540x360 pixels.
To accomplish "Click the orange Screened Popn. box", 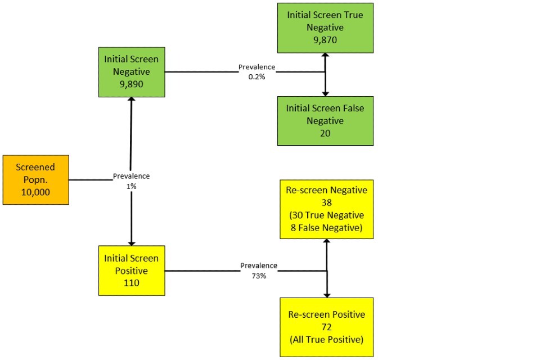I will (x=36, y=180).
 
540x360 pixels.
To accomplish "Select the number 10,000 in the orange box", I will (x=36, y=192).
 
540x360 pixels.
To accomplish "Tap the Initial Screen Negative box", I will (x=132, y=72).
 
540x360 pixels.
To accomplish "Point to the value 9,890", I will (x=132, y=84).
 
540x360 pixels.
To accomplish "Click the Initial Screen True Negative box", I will (x=325, y=28).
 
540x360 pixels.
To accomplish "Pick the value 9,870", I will (x=325, y=40).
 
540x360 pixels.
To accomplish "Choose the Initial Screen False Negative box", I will (x=325, y=121).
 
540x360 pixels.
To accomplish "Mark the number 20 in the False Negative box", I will (x=325, y=133).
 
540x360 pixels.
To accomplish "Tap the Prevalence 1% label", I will (x=131, y=181).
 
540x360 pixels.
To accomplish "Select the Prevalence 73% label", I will (x=259, y=270).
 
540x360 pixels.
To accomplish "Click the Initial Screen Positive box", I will (x=132, y=271).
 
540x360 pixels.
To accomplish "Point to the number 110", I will (x=132, y=283).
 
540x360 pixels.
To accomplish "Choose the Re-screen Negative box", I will (x=326, y=209).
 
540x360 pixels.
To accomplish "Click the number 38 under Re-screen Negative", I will (x=326, y=202).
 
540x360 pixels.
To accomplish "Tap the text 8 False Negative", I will (x=326, y=227).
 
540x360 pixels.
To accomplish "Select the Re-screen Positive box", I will (x=326, y=327).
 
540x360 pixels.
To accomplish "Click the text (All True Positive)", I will (x=326, y=339).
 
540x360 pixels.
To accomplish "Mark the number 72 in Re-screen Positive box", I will (x=326, y=327).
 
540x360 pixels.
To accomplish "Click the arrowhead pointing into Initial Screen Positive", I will (x=132, y=242).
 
